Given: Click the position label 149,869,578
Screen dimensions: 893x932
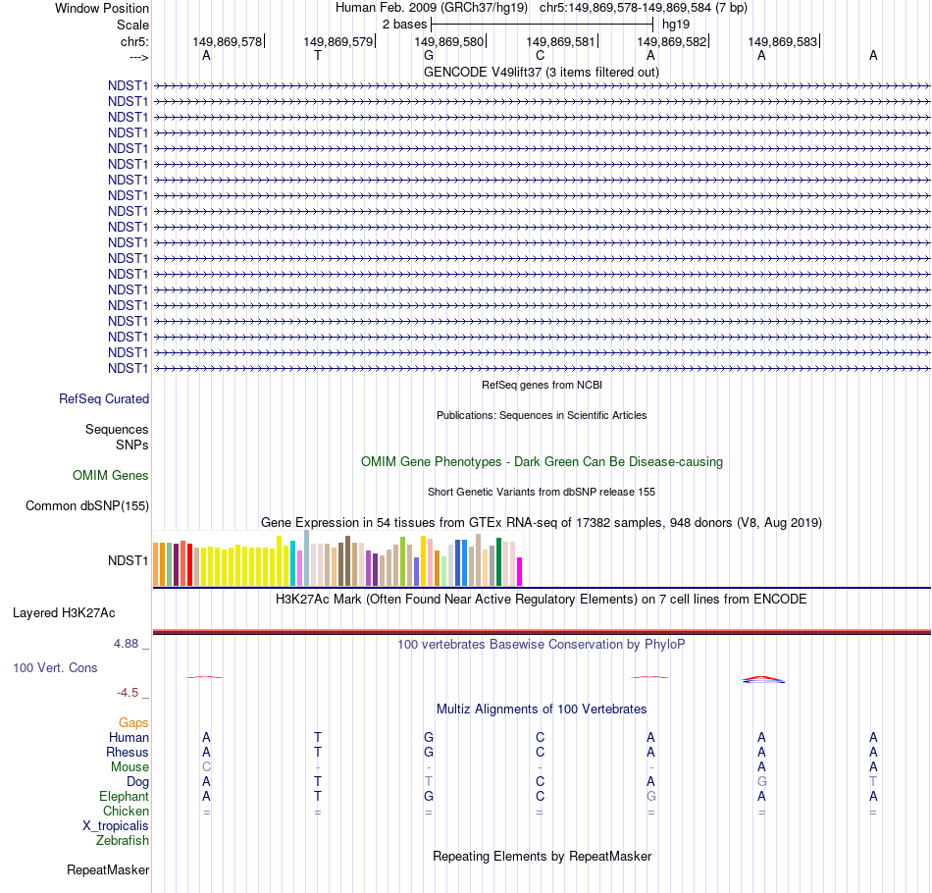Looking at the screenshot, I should pos(228,42).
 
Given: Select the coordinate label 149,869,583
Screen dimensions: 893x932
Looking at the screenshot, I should pos(782,42).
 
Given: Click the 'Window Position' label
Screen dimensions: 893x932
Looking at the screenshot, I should pos(102,8).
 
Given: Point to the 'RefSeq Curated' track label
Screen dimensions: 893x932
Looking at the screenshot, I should pos(104,399).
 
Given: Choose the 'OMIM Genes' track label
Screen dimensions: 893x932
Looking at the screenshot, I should pos(111,476).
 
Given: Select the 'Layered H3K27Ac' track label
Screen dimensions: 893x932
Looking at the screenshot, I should pos(64,613).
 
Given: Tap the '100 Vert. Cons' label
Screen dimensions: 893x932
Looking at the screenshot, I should pos(56,668).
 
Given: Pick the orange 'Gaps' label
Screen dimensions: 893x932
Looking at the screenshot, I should pos(133,723).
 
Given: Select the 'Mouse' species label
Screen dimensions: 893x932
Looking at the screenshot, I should pos(129,767).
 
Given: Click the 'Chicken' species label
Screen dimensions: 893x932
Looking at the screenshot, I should pos(126,812).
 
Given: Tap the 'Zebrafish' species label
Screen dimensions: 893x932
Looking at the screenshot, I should pos(123,841).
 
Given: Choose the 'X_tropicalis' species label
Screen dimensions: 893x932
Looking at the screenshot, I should pos(116,826).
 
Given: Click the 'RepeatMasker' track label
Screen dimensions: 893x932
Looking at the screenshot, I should pos(108,870).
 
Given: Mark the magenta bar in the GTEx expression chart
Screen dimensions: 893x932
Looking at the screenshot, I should pos(520,571).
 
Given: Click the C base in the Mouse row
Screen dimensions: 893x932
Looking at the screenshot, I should pos(206,767).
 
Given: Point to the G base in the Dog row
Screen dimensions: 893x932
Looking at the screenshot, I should pos(761,782).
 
